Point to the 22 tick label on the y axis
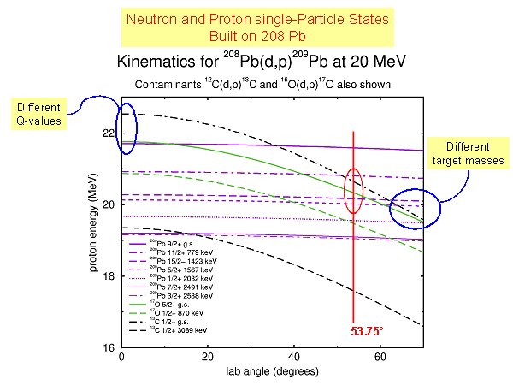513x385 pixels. tap(108, 133)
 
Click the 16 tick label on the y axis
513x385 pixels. tap(108, 348)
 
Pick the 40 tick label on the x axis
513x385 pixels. tap(294, 358)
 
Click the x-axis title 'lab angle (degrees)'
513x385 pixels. tap(273, 372)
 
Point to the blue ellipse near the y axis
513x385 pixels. tap(125, 128)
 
